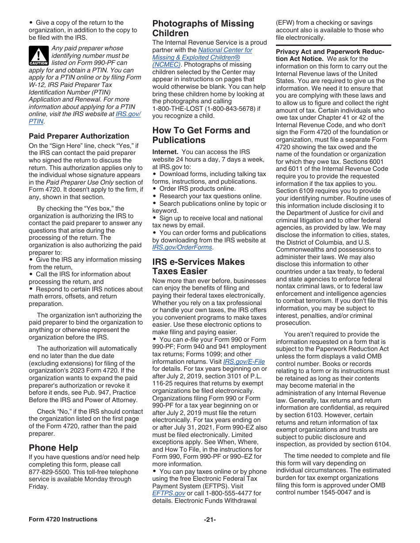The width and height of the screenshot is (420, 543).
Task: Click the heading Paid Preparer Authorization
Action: [x=79, y=136]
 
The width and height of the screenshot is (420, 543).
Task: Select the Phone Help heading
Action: [x=53, y=448]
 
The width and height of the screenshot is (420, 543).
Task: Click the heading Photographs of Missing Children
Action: [x=203, y=28]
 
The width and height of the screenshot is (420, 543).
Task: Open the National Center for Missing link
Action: [x=225, y=50]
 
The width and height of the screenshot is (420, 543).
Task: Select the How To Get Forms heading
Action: [x=201, y=135]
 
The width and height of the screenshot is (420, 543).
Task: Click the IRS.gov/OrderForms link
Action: [x=182, y=247]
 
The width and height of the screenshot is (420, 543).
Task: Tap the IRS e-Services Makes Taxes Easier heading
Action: [x=199, y=266]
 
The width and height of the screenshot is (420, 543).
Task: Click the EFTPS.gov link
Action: [x=168, y=493]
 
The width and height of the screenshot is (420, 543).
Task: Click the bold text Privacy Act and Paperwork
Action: [x=330, y=52]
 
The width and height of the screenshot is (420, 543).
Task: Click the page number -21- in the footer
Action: [x=210, y=519]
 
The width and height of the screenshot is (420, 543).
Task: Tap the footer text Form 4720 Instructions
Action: [x=63, y=519]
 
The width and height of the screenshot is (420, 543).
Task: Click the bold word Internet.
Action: [x=165, y=152]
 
